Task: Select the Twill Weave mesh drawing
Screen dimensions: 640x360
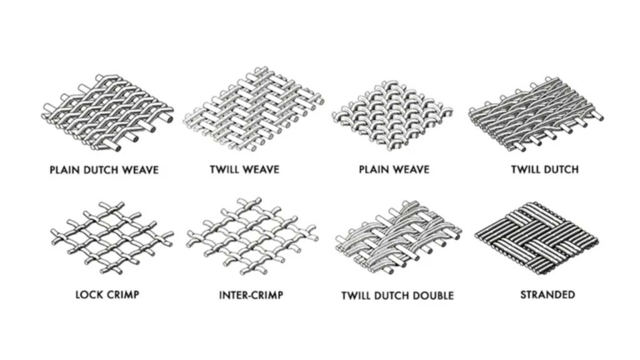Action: click(254, 109)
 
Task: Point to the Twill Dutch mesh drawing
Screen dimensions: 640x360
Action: click(536, 114)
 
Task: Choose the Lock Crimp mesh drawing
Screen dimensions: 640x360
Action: click(112, 237)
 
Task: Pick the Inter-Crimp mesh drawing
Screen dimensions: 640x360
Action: click(252, 236)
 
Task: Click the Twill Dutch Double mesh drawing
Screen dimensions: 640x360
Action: click(398, 237)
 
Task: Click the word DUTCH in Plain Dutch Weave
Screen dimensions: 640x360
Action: click(101, 170)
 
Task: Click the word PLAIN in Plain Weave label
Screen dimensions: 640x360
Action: click(373, 169)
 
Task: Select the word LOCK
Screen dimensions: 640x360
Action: click(89, 295)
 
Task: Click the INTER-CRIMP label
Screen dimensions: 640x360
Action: click(251, 295)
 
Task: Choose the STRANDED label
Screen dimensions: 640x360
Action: click(547, 295)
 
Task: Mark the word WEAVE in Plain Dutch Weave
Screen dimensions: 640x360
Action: click(140, 170)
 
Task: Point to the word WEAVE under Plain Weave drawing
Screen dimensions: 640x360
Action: click(411, 169)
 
